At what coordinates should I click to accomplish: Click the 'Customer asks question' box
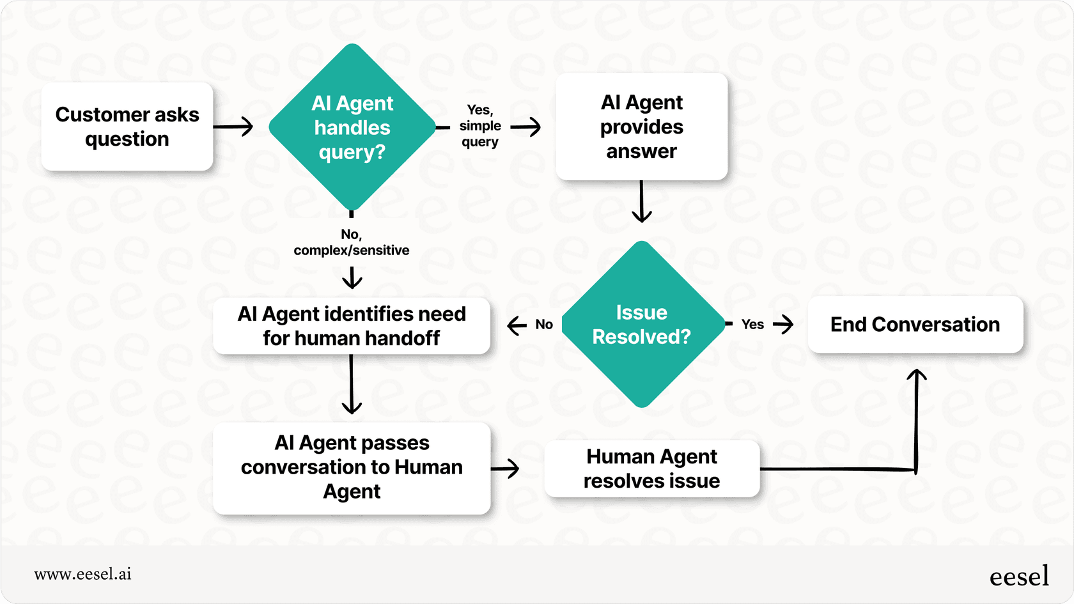click(x=127, y=127)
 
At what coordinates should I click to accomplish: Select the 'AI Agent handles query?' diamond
click(x=352, y=127)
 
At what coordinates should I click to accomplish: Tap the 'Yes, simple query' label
click(x=479, y=126)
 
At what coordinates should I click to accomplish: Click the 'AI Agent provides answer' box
click(x=641, y=127)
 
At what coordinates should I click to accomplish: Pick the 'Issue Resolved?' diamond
click(x=641, y=324)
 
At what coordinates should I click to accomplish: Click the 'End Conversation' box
click(x=915, y=324)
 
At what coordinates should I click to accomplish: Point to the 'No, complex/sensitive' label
click(x=351, y=242)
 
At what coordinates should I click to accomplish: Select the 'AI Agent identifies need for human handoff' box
click(x=351, y=325)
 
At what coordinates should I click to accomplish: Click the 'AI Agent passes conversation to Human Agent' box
click(x=351, y=467)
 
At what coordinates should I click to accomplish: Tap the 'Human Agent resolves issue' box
click(x=651, y=468)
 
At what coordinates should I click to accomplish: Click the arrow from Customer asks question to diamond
click(x=233, y=127)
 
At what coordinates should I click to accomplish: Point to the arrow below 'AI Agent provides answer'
click(x=641, y=202)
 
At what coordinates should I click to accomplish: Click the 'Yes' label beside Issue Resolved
click(x=752, y=325)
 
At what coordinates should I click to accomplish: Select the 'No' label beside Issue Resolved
click(x=544, y=325)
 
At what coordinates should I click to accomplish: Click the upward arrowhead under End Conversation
click(x=917, y=376)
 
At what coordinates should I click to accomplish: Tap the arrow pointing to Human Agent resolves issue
click(x=506, y=468)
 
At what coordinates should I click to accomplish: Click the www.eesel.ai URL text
click(x=82, y=574)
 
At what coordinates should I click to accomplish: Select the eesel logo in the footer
click(x=1019, y=576)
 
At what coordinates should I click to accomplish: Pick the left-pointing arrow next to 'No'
click(x=517, y=325)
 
